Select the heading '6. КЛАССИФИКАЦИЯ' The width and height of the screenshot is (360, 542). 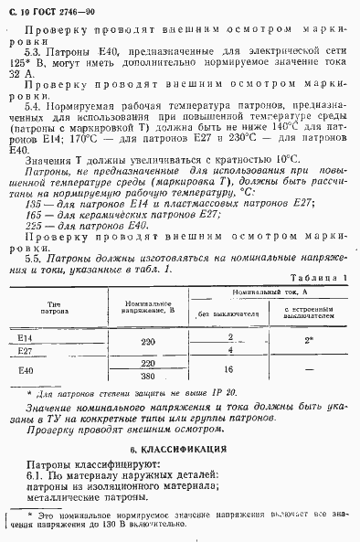pyautogui.click(x=179, y=452)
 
